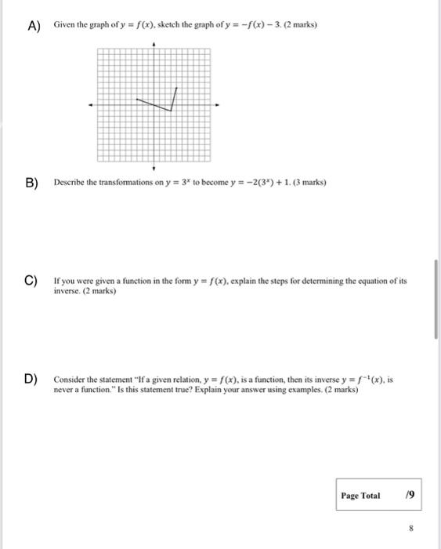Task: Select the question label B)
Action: (x=32, y=184)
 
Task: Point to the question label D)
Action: (x=32, y=380)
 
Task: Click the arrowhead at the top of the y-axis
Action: (x=154, y=45)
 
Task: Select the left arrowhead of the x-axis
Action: (x=91, y=105)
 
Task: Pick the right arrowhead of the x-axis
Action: (x=217, y=105)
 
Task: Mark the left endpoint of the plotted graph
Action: (x=136, y=100)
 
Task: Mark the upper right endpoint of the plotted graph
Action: (x=178, y=89)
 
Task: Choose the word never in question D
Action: (x=63, y=389)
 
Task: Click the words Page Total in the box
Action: (x=360, y=496)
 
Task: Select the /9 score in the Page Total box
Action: (x=407, y=496)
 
